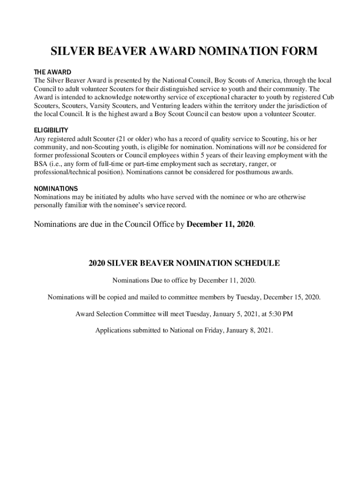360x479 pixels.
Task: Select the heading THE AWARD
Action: coord(52,73)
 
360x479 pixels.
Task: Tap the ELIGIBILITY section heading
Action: coord(51,131)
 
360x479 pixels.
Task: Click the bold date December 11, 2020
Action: coord(220,224)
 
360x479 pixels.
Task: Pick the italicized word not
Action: coord(271,147)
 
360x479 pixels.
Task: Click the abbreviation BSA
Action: coord(41,164)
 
